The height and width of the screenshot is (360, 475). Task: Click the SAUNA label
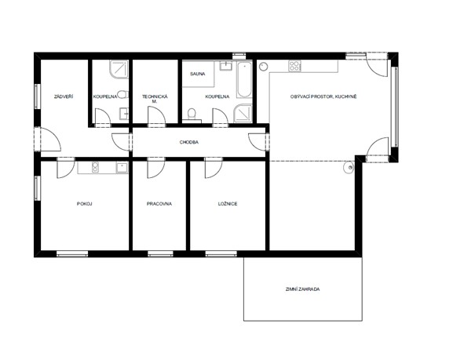click(x=198, y=74)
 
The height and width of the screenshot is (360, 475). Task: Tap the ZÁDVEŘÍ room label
click(x=64, y=96)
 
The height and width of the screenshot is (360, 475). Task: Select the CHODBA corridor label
click(x=189, y=142)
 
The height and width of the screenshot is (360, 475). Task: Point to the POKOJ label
click(x=84, y=204)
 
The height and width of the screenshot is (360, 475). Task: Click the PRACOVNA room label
click(x=159, y=204)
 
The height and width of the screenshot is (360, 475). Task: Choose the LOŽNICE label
click(x=228, y=204)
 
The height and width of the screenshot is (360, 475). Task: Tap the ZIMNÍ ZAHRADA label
click(x=302, y=289)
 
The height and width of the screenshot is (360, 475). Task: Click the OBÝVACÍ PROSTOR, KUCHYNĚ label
click(x=323, y=96)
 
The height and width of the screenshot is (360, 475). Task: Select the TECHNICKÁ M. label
click(x=155, y=99)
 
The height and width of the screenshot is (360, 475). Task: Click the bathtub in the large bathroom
click(x=244, y=80)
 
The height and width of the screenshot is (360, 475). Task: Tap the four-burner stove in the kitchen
click(x=294, y=66)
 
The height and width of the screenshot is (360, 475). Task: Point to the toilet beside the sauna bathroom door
click(x=192, y=114)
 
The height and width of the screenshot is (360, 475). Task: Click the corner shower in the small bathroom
click(x=119, y=69)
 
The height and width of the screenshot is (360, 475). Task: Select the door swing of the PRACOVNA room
click(x=155, y=168)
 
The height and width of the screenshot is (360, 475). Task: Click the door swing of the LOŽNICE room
click(x=214, y=168)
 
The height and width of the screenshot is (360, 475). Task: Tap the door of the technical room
click(x=156, y=116)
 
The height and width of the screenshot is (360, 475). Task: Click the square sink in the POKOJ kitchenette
click(x=122, y=167)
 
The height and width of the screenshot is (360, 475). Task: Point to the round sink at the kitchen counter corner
click(x=263, y=67)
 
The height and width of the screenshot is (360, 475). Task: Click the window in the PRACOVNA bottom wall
click(x=160, y=254)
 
